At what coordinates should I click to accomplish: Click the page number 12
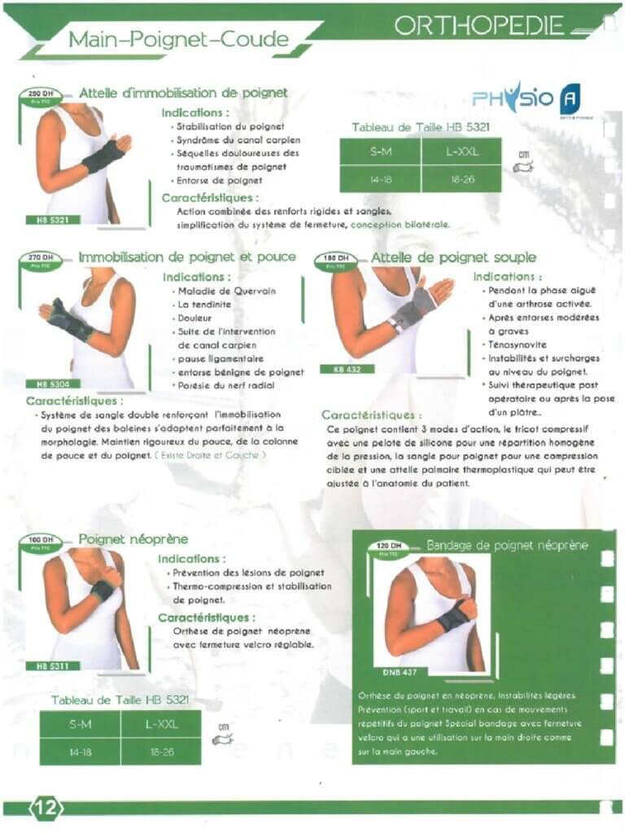coord(46,807)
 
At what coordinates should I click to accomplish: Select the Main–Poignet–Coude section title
coord(177,38)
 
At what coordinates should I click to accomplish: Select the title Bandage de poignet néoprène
coord(507,545)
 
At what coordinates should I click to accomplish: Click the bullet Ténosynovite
coord(516,345)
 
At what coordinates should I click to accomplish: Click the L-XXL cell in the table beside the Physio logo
coord(461,151)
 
